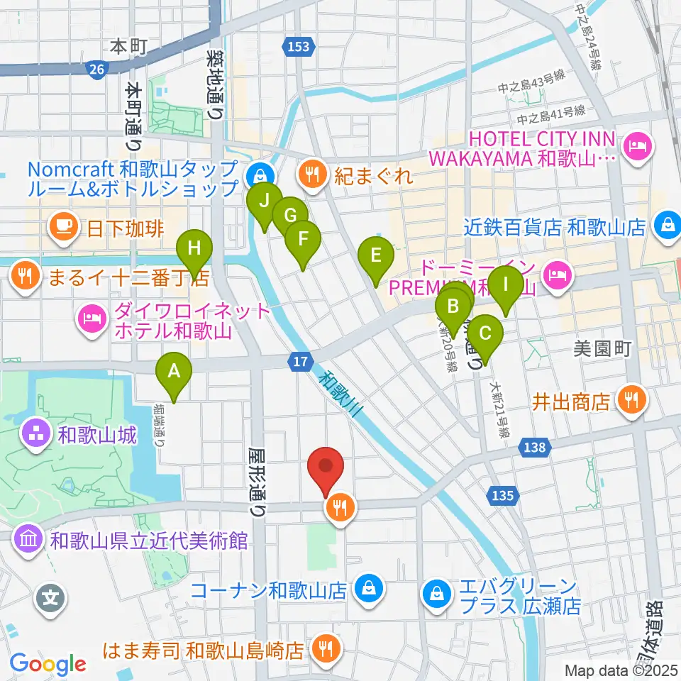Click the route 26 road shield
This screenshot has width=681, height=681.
click(98, 68)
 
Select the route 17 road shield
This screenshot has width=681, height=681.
click(301, 362)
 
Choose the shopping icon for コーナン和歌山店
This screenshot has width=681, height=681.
click(369, 589)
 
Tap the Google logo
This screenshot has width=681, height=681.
click(48, 664)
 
